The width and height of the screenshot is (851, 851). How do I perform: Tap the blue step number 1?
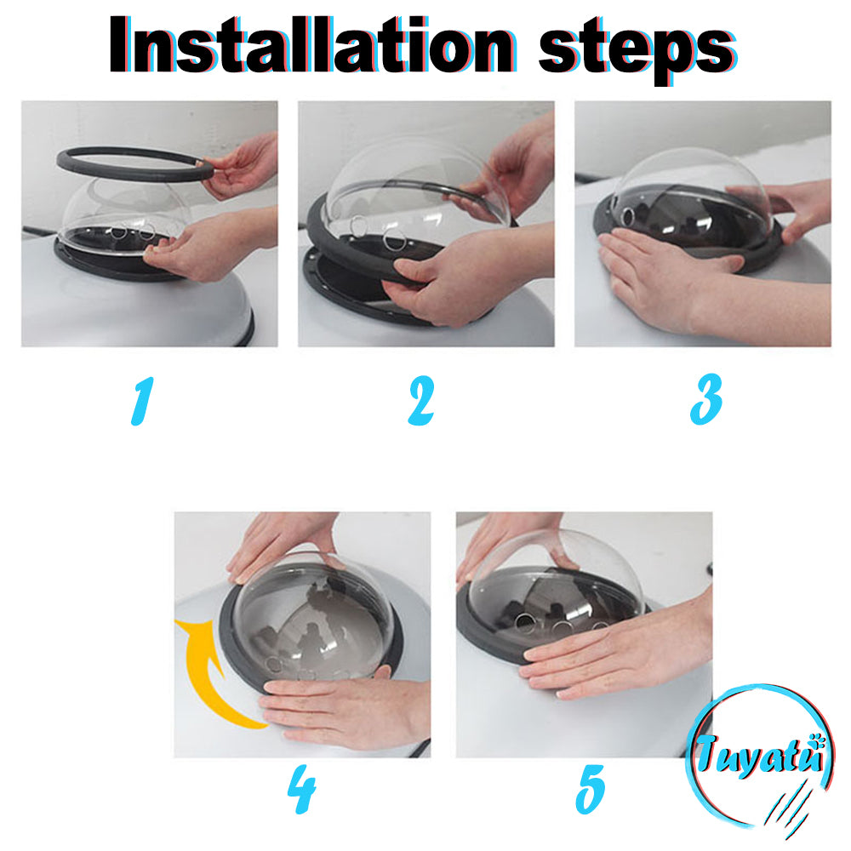[142, 401]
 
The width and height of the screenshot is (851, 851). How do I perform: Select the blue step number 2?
[422, 401]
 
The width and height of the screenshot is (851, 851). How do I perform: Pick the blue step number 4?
[302, 789]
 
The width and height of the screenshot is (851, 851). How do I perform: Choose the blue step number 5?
[590, 789]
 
